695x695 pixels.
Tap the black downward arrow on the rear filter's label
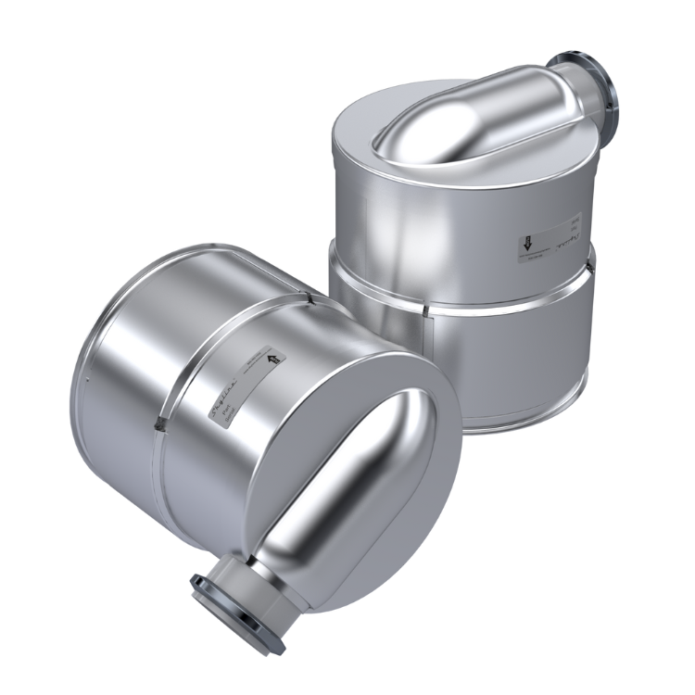click(x=524, y=245)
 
